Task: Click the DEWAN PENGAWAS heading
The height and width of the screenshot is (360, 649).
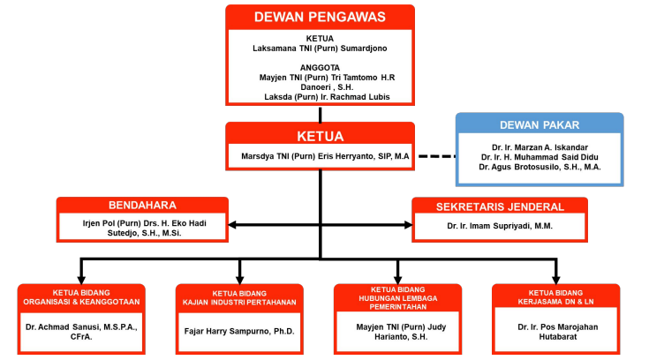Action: click(320, 17)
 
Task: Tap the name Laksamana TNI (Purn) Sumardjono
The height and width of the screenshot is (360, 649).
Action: click(320, 49)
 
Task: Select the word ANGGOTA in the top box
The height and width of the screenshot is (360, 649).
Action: click(320, 67)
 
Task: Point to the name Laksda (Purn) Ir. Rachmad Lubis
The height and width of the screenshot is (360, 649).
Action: click(327, 97)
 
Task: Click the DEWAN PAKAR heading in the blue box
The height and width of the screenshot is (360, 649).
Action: click(540, 125)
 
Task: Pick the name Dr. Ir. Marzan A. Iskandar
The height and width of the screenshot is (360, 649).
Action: click(540, 147)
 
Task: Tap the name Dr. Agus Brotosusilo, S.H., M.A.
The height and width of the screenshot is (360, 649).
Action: click(540, 167)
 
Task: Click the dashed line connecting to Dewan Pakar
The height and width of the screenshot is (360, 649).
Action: click(437, 156)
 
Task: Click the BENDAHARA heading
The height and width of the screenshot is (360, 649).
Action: click(142, 206)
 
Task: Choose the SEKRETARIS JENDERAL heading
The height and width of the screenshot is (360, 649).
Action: click(500, 206)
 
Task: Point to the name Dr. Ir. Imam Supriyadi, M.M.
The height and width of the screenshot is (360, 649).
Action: click(500, 226)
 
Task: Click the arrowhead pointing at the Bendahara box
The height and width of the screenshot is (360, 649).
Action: click(232, 225)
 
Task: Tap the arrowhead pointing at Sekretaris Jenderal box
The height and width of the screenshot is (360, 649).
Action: click(408, 225)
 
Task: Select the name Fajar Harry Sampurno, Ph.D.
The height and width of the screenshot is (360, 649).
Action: click(239, 332)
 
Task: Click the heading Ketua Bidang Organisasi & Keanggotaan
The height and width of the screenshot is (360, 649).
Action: click(81, 297)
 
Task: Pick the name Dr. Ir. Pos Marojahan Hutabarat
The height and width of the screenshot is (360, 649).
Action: click(557, 332)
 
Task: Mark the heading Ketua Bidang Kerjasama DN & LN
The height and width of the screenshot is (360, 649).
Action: click(555, 297)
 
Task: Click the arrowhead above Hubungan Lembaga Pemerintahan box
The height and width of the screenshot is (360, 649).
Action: click(397, 279)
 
